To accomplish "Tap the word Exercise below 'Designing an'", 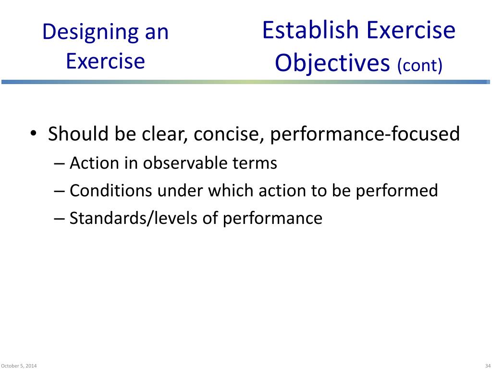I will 105,61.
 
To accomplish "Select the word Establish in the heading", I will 311,30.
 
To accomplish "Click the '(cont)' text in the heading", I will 419,65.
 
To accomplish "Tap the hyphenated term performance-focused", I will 365,134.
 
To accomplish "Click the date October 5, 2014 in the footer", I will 19,366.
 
